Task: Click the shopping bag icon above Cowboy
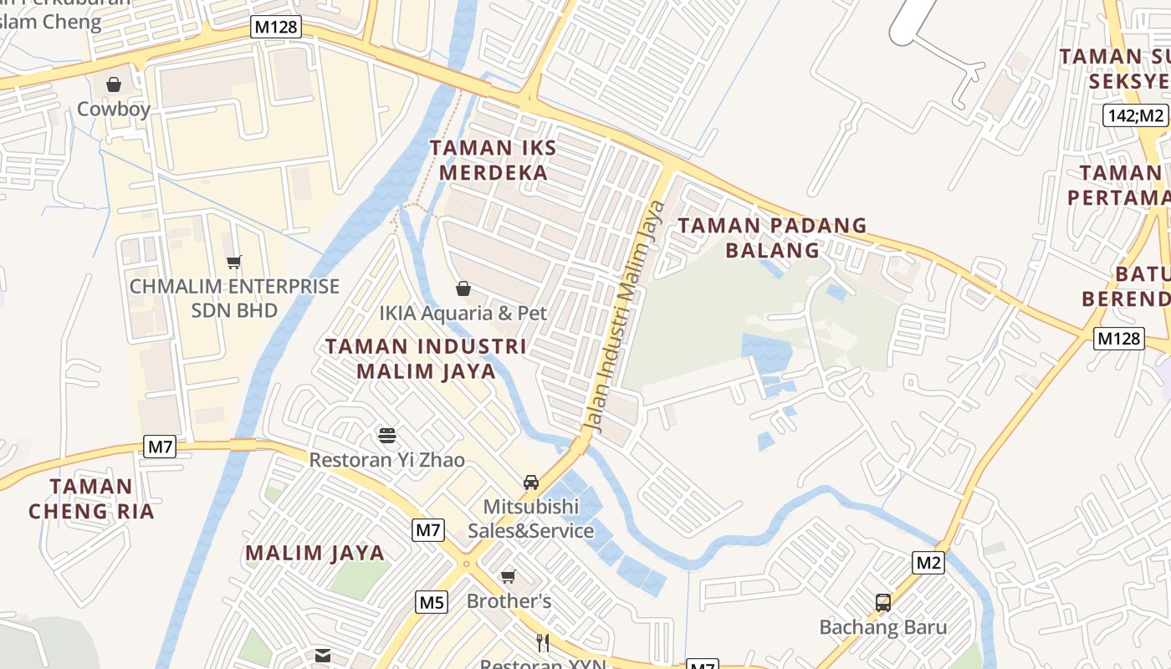(x=114, y=84)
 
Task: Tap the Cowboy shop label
(x=114, y=110)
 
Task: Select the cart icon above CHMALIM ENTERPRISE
(x=234, y=263)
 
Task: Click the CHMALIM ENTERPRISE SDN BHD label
(x=234, y=298)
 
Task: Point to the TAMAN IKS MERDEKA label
(x=493, y=161)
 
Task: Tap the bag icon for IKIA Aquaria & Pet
(x=463, y=289)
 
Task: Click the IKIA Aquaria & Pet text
(x=463, y=314)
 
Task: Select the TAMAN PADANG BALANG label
(x=772, y=237)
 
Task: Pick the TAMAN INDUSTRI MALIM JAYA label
(x=426, y=358)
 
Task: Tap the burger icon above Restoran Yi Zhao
(x=386, y=435)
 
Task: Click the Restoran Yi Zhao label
(x=386, y=460)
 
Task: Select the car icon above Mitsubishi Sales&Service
(x=530, y=483)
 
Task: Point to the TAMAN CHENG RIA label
(x=91, y=498)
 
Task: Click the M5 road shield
(x=432, y=601)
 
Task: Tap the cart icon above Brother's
(x=508, y=576)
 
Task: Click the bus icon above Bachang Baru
(x=882, y=602)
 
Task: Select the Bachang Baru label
(x=882, y=627)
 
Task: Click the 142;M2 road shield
(x=1135, y=115)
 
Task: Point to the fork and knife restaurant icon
(x=543, y=642)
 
